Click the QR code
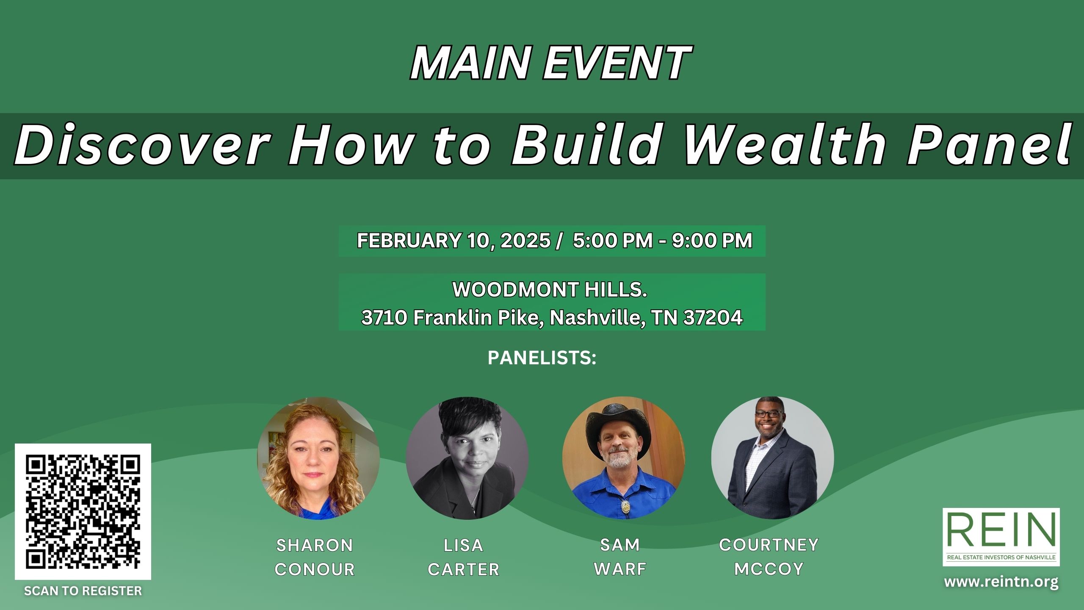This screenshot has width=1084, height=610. click(83, 511)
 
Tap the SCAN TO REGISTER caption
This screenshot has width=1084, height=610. click(83, 591)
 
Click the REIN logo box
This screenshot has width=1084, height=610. click(1001, 537)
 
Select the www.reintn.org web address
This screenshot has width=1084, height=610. click(1001, 582)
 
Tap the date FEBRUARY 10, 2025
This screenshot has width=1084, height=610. click(454, 241)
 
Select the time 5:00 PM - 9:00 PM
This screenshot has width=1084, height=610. click(662, 241)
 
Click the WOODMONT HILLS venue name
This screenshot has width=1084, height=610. click(550, 290)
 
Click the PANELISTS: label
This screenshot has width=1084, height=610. click(542, 358)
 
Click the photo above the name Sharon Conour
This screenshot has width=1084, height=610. click(318, 458)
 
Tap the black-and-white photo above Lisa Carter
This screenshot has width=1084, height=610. click(467, 458)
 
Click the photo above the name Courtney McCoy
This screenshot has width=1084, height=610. click(772, 458)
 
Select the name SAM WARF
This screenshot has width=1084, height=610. click(620, 557)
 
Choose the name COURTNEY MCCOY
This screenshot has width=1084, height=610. click(769, 557)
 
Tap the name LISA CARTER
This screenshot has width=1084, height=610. click(464, 557)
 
